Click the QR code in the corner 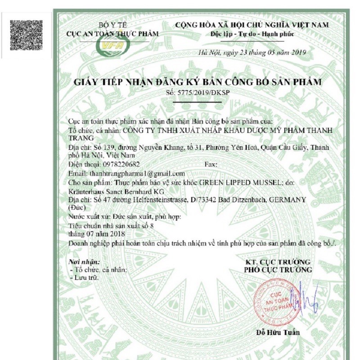pos(27,38)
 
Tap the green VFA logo pos(115,45)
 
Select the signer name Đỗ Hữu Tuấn pos(278,333)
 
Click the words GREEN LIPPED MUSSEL pos(236,182)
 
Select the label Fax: pos(211,165)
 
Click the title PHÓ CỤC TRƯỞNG pos(278,270)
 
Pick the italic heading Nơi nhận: pos(84,262)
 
